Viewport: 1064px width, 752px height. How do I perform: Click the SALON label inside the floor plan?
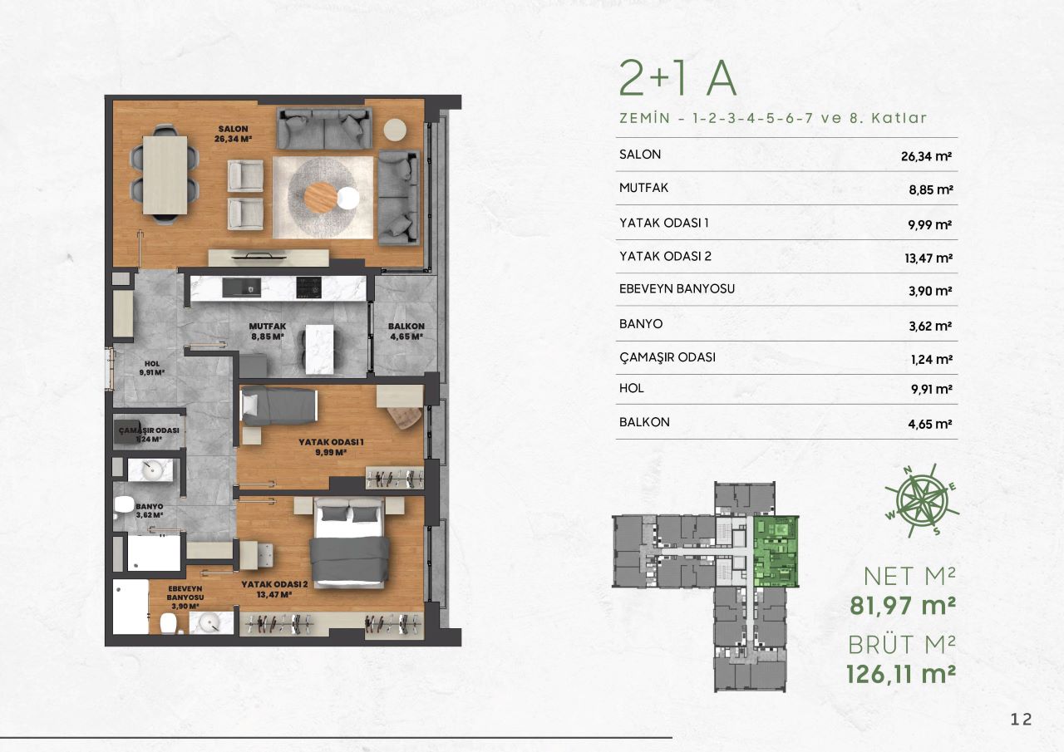pos(233,129)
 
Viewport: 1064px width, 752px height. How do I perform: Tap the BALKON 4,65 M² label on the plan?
pos(406,332)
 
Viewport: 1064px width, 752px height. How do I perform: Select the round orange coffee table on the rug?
pos(321,199)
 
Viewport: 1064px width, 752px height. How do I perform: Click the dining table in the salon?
pos(165,174)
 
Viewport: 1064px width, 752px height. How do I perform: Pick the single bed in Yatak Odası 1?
pos(278,406)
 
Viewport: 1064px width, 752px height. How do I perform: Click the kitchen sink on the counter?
pos(241,288)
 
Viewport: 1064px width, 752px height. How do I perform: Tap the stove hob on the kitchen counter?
pos(308,288)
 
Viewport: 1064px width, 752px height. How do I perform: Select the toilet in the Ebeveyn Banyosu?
pos(168,623)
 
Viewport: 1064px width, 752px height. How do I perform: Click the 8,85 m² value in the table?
pos(930,190)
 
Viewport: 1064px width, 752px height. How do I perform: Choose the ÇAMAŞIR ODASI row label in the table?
pos(667,357)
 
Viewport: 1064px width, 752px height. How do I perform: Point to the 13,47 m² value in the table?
pos(929,258)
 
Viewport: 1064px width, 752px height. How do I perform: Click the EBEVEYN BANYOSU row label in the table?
pos(677,288)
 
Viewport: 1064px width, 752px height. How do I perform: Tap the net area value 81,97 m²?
pos(903,605)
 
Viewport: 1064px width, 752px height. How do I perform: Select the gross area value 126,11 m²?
pos(900,674)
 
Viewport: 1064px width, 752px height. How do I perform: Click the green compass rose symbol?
pos(922,500)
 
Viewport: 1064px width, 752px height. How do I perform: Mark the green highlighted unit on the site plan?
pos(776,552)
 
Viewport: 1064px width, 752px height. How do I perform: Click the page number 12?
pos(1022,720)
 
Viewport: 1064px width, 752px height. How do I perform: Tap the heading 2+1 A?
pos(677,77)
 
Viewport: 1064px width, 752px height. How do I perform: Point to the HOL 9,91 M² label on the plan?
pos(152,368)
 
